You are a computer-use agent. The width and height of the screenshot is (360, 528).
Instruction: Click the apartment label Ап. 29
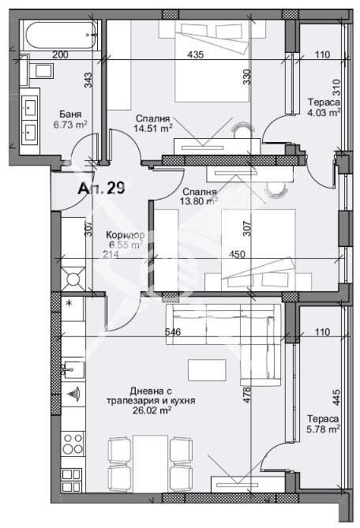tap(101, 189)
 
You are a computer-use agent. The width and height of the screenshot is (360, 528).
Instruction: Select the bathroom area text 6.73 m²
tap(70, 125)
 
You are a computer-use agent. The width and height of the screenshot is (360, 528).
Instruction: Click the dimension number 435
tap(196, 54)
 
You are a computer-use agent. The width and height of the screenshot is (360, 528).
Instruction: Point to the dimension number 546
tap(173, 332)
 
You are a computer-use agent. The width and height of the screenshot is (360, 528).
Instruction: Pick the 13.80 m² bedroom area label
tap(198, 201)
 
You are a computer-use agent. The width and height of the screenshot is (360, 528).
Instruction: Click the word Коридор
tap(126, 234)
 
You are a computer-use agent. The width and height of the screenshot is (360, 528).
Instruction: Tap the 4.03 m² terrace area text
tap(324, 112)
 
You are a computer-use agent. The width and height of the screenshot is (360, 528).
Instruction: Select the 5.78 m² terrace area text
tap(324, 429)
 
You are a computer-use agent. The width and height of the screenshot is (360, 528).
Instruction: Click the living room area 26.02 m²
tap(151, 410)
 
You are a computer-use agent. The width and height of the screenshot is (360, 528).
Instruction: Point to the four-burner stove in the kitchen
tap(73, 444)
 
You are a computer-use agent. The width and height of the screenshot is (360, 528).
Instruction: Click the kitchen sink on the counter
tap(73, 371)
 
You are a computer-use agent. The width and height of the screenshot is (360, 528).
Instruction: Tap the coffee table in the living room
tap(207, 369)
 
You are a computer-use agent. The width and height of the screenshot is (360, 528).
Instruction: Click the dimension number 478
tap(247, 395)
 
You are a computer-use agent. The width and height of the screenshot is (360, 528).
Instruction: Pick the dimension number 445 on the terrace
tap(336, 397)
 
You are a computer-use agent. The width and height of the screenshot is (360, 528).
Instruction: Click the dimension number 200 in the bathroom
tap(60, 54)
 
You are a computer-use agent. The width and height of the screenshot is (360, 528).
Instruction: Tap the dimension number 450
tap(237, 253)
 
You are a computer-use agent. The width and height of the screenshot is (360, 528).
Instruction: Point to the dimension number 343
tap(88, 80)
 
